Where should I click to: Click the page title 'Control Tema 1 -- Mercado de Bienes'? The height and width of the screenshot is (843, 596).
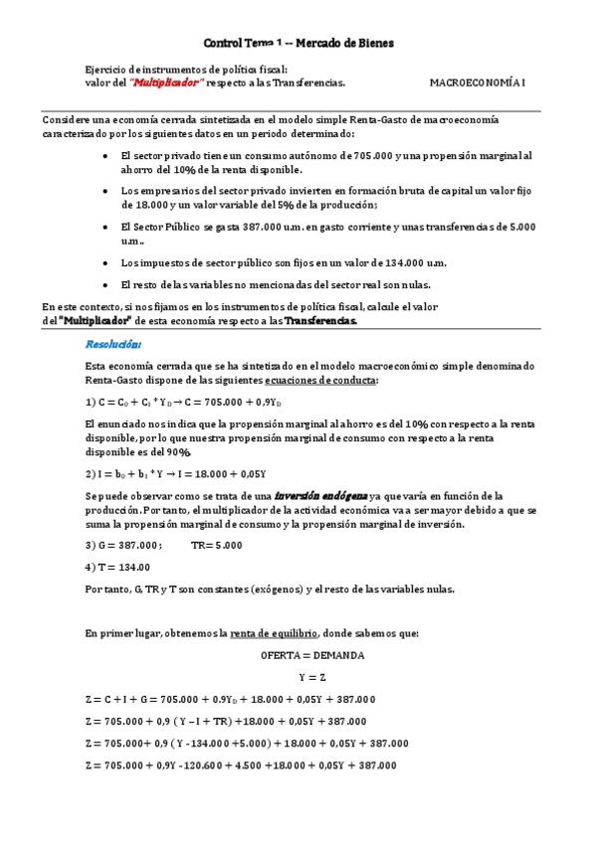click(x=298, y=44)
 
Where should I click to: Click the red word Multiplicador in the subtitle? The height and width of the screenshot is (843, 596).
click(x=168, y=84)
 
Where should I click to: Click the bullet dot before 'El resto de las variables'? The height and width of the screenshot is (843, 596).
click(x=106, y=285)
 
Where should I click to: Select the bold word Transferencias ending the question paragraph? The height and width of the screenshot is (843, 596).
click(x=320, y=322)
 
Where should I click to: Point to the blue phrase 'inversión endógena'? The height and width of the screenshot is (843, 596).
click(x=319, y=495)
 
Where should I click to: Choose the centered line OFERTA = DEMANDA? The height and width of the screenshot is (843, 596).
click(x=312, y=656)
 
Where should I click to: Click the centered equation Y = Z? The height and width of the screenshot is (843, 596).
click(x=312, y=677)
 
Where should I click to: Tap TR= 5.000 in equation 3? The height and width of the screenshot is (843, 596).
click(x=216, y=545)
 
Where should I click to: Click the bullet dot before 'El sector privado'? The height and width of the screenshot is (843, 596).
click(x=106, y=157)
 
